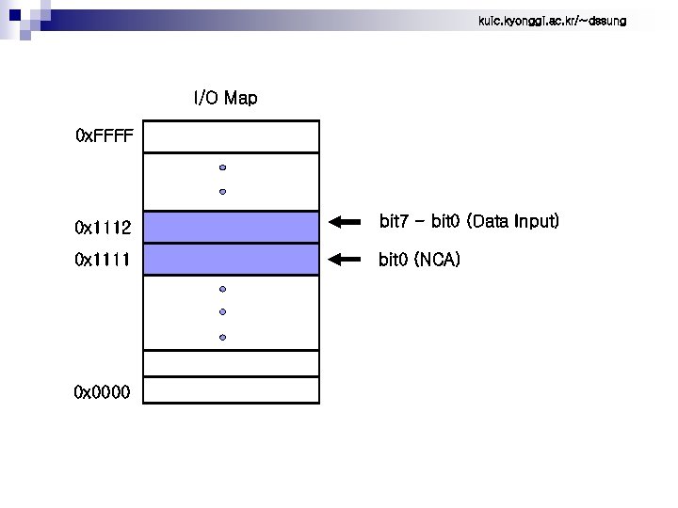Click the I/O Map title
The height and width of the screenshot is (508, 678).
click(225, 98)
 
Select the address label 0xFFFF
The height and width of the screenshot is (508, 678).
click(105, 137)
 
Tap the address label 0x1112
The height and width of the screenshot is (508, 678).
click(103, 228)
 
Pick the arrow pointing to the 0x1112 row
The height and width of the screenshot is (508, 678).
click(346, 223)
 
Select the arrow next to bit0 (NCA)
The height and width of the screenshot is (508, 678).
click(346, 258)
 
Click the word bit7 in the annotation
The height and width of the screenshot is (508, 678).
click(395, 222)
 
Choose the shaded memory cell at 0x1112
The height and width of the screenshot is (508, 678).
click(233, 227)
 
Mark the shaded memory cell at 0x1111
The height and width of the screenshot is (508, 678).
click(233, 260)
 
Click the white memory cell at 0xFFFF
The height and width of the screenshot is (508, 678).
click(233, 136)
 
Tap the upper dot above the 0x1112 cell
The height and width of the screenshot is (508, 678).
click(223, 167)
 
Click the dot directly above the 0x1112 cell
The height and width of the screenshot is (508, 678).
click(223, 192)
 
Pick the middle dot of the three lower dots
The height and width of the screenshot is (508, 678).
click(223, 311)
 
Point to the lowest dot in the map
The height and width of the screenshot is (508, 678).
click(223, 337)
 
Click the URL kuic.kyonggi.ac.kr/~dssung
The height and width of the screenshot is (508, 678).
click(552, 21)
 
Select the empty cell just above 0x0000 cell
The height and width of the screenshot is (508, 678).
click(233, 362)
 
